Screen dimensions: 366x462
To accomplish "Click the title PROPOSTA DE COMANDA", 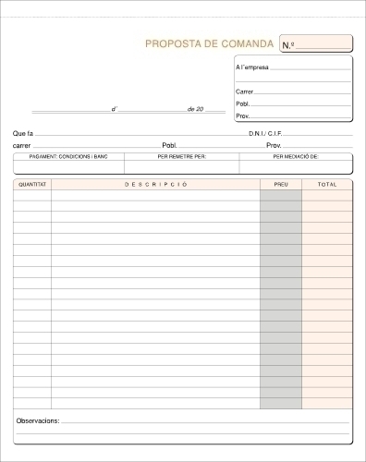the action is [209, 44].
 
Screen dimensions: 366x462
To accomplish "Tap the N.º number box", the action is [315, 44].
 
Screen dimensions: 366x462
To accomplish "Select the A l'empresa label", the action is [252, 68].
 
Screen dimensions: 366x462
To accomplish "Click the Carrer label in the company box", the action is [244, 91].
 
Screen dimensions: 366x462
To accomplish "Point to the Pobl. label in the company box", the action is [242, 104].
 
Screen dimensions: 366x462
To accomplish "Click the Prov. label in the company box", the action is [242, 116].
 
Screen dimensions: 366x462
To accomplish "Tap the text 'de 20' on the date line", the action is [194, 109].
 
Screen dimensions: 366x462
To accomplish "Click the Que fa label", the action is [23, 134].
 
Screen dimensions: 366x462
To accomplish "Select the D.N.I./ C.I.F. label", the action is [267, 134].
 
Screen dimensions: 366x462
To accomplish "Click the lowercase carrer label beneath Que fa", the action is [21, 146].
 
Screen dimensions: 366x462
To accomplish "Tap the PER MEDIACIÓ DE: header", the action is [296, 157].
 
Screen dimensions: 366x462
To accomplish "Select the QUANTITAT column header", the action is [32, 185].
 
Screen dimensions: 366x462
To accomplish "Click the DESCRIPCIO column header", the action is [155, 185].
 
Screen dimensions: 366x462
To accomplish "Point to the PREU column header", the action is [280, 185].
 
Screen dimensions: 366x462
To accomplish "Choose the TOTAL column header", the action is [327, 185].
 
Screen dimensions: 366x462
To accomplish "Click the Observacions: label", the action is [38, 420].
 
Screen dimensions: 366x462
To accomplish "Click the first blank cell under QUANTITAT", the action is [32, 196].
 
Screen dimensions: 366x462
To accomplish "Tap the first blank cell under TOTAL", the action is [327, 196].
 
